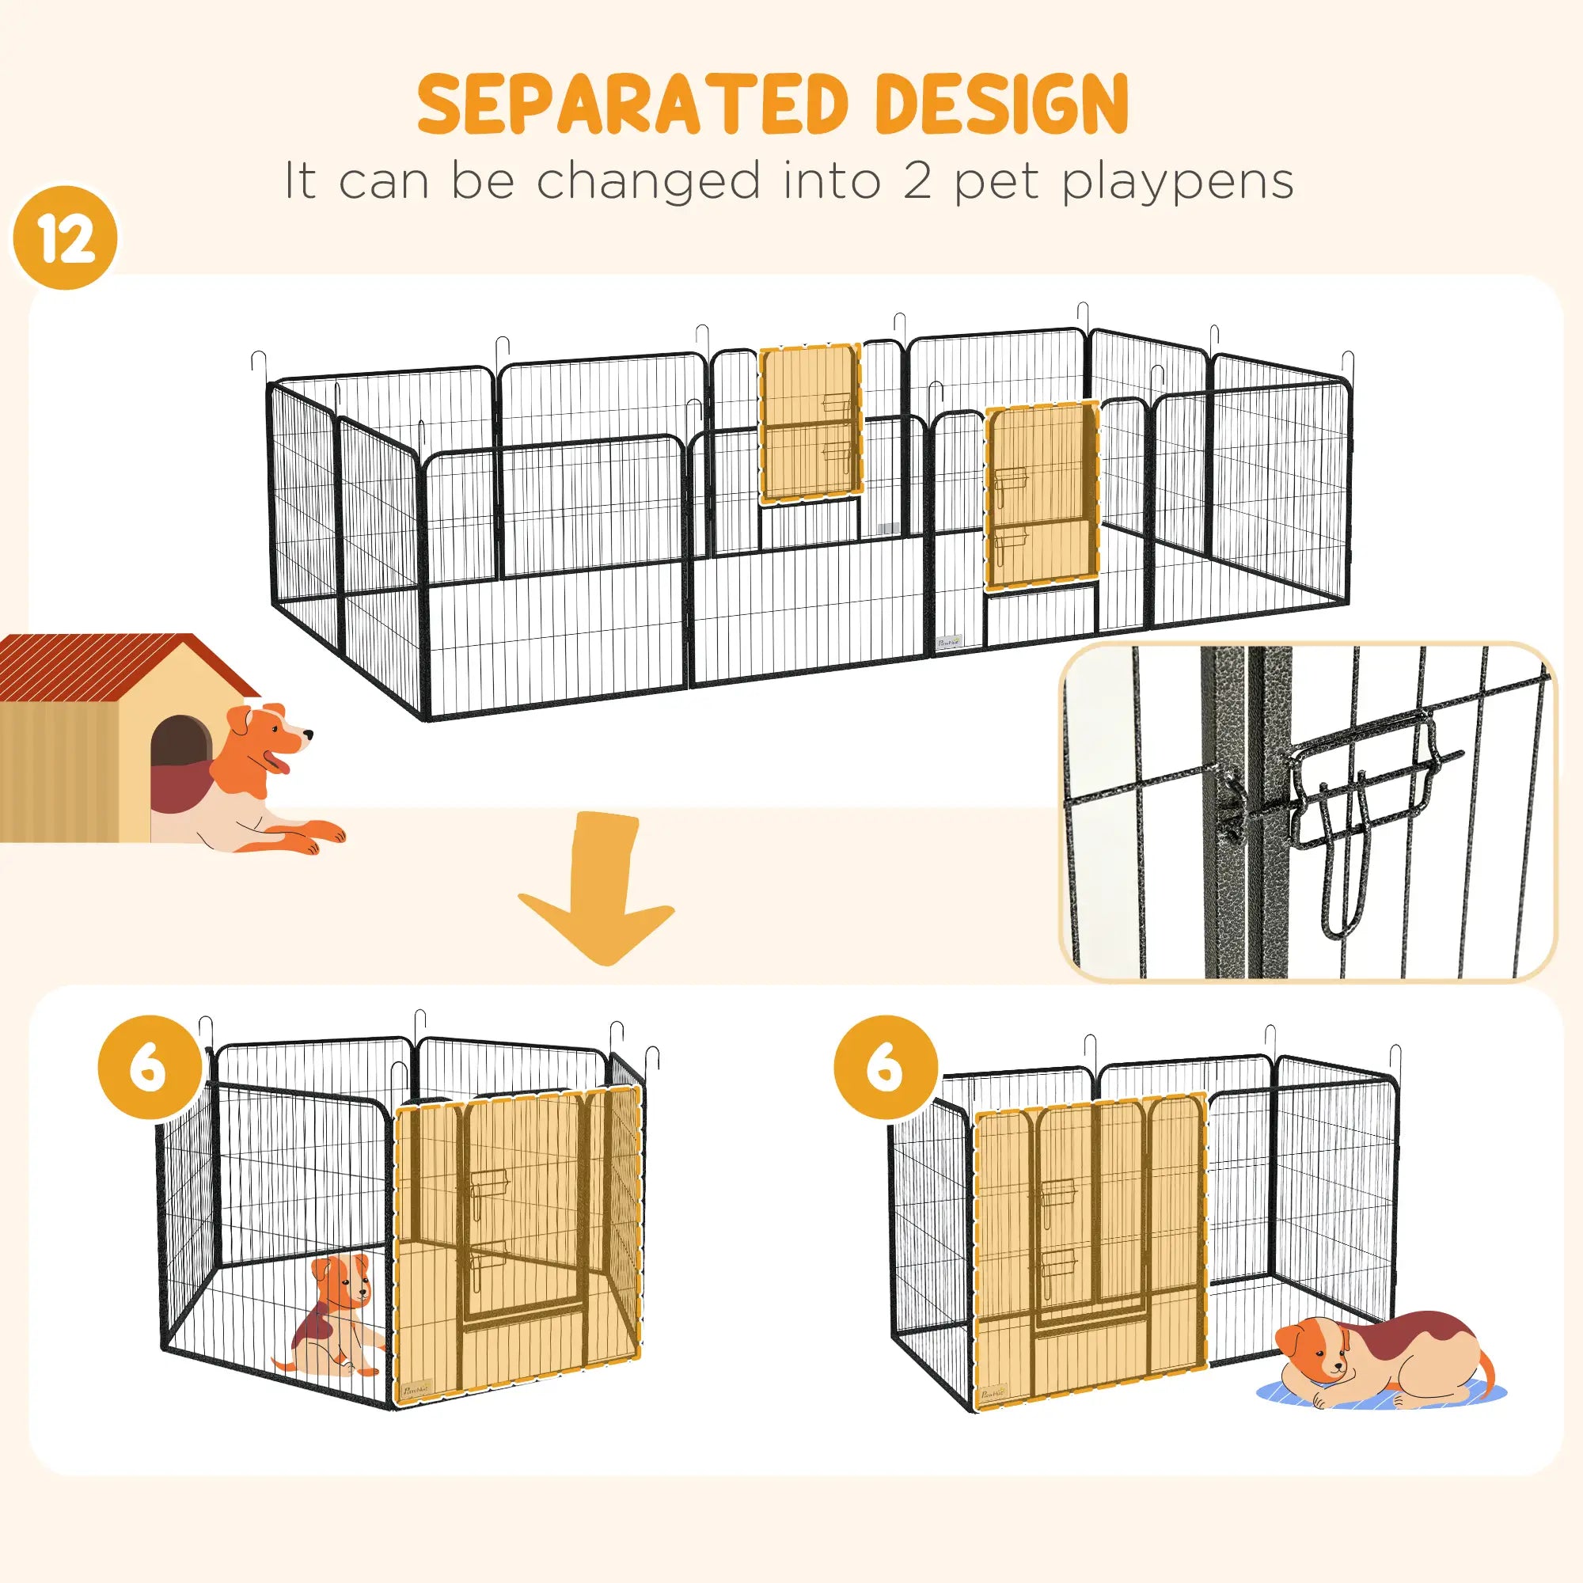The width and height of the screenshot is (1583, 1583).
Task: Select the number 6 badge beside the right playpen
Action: [886, 1068]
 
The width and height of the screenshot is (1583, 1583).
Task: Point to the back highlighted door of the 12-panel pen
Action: [810, 423]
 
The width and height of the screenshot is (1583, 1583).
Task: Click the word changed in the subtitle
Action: [649, 182]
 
